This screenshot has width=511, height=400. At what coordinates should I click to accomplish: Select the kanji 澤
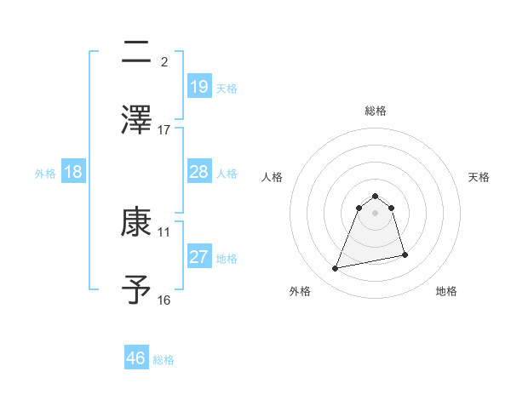137,120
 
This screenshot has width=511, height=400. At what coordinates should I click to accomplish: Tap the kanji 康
137,223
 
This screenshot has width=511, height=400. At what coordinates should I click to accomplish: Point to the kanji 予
137,290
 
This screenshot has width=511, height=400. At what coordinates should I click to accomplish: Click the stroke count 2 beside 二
164,62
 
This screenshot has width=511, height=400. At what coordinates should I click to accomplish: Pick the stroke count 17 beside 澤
164,129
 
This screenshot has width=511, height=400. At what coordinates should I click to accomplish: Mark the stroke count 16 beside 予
164,300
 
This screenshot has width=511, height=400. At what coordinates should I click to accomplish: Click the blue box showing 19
198,86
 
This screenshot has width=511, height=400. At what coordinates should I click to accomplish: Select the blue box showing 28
198,172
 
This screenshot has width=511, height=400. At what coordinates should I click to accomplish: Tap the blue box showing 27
198,257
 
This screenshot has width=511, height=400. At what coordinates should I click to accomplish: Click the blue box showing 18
73,172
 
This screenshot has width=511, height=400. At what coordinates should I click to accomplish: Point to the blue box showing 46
136,357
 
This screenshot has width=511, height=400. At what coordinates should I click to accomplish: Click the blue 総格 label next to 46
164,360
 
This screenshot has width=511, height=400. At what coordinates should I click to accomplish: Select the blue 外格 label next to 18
45,174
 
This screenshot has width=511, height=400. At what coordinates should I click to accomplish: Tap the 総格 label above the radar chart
375,111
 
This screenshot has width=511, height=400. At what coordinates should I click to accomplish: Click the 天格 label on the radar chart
479,177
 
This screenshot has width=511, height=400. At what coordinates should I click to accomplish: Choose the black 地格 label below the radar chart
446,291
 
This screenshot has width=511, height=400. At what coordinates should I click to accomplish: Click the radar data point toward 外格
336,269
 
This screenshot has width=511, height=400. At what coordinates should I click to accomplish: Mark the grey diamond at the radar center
375,213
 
